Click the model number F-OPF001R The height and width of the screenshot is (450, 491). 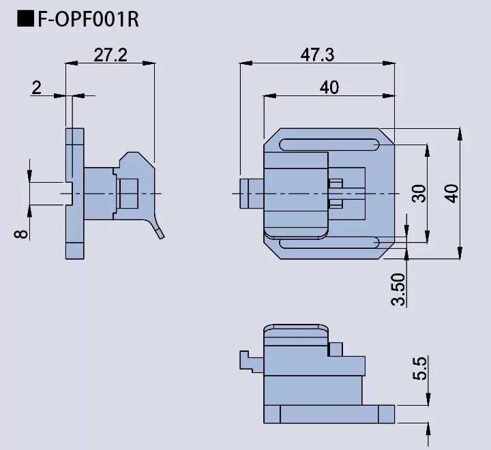88,19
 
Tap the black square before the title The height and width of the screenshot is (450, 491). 26,19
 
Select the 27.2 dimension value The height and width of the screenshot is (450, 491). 110,55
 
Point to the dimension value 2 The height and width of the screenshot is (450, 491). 37,87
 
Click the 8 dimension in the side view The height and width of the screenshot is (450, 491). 22,233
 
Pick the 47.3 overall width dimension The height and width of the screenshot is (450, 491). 317,55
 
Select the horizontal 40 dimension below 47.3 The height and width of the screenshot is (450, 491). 329,87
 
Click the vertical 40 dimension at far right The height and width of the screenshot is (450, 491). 451,194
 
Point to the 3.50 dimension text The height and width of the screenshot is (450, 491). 399,289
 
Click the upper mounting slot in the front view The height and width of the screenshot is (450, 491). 329,145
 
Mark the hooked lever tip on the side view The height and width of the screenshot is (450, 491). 160,235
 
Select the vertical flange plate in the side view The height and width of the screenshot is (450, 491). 75,194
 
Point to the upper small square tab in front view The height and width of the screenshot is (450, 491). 335,183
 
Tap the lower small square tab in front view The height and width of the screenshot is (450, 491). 335,203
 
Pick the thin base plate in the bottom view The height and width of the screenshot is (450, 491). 337,413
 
